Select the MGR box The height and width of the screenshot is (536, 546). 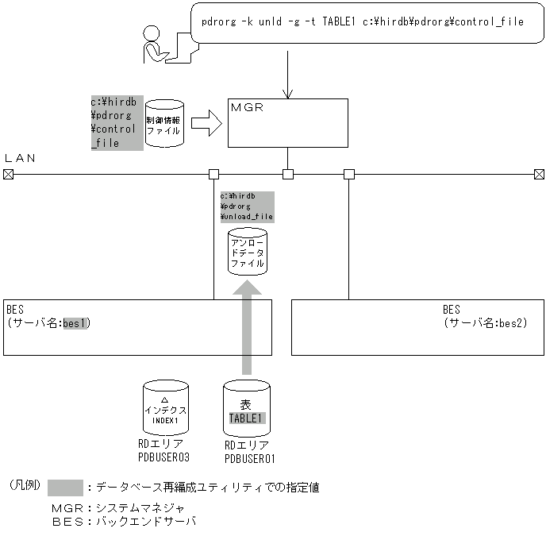287,122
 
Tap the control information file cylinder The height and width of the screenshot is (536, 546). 164,123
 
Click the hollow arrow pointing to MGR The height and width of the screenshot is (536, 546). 206,123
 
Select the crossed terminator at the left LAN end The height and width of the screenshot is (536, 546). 8,174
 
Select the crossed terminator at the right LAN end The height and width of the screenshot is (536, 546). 539,174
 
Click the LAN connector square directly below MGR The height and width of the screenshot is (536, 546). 288,174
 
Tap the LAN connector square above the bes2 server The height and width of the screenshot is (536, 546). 348,174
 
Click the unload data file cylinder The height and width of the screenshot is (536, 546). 247,252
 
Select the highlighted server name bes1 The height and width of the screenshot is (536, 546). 77,323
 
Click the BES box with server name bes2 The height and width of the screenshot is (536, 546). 417,326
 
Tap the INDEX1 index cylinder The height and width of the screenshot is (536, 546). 165,406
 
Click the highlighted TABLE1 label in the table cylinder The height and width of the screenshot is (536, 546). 247,418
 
